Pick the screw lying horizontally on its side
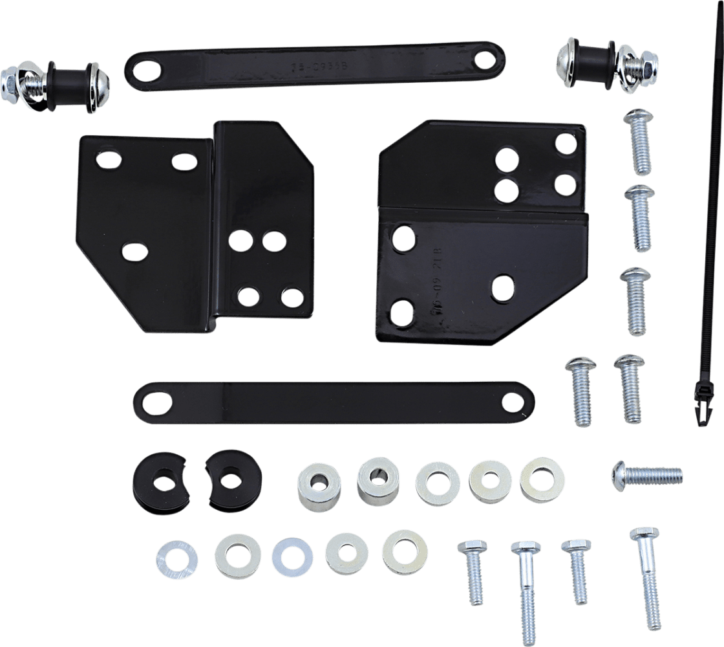pyautogui.click(x=646, y=476)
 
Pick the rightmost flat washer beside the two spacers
pyautogui.click(x=542, y=479)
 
